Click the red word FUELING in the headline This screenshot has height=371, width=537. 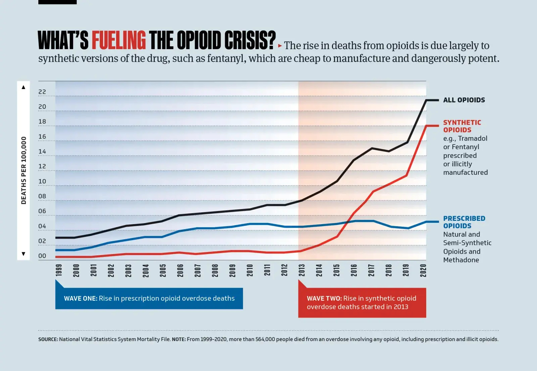pos(118,40)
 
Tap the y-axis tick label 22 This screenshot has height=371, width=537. pos(42,92)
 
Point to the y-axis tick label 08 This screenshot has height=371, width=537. pos(42,196)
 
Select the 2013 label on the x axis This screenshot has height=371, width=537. pos(302,270)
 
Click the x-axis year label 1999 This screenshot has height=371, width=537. pos(59,270)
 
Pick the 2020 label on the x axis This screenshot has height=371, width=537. pos(423,270)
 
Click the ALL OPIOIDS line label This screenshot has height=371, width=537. pos(464,100)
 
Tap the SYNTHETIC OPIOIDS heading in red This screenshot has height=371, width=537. pos(462,126)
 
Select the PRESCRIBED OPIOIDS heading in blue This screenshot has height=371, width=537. pos(464,222)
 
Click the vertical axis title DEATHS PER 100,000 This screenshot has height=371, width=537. pos(23,170)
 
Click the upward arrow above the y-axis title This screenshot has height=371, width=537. pos(23,87)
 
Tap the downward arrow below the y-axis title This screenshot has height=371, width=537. pos(23,254)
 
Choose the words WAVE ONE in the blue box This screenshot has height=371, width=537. pos(81,298)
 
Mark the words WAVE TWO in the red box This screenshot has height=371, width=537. pos(324,298)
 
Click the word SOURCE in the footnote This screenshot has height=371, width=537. pos(48,339)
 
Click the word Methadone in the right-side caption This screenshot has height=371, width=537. pos(461,260)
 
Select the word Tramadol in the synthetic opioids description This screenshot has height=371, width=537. pos(473,138)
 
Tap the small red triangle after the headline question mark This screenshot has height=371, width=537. pos(280,46)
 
